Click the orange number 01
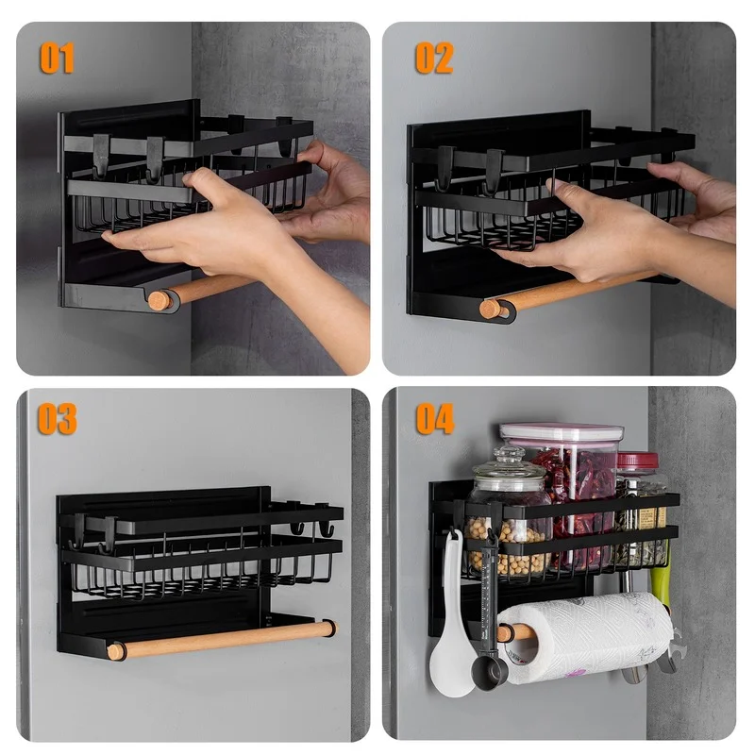[57, 58]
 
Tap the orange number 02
[434, 58]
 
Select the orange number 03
[58, 418]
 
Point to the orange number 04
[435, 418]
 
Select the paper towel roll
[585, 637]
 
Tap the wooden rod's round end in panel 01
[159, 300]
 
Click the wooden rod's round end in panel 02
[490, 309]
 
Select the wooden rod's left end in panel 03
[115, 651]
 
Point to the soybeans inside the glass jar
[508, 546]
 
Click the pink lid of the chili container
[562, 432]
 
